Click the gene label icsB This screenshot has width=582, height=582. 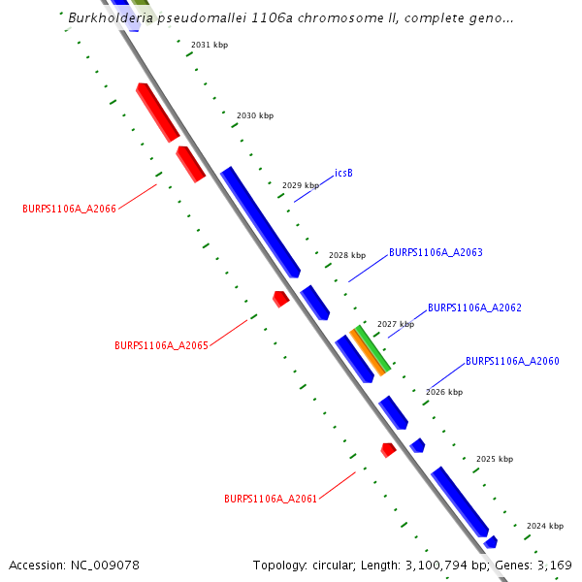point(343,174)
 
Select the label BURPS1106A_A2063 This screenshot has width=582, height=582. point(436,253)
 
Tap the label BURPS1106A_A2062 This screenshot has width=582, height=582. point(474,307)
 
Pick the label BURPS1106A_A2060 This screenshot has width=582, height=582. point(512,362)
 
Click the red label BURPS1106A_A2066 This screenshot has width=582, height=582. point(69,209)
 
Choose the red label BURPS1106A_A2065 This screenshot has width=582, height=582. point(161,345)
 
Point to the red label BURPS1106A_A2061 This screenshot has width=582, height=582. point(271,500)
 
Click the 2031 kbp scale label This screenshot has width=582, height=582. point(210,46)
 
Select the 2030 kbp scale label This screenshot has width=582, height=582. point(255,115)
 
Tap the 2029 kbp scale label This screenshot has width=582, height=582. point(301,185)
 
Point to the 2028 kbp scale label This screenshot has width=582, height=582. point(347,255)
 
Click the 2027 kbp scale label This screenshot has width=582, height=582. point(396,324)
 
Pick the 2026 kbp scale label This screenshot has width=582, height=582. point(444,392)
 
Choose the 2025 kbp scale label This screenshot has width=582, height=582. point(495,459)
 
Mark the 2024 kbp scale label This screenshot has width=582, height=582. point(545,526)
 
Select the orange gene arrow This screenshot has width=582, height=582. point(368,352)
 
